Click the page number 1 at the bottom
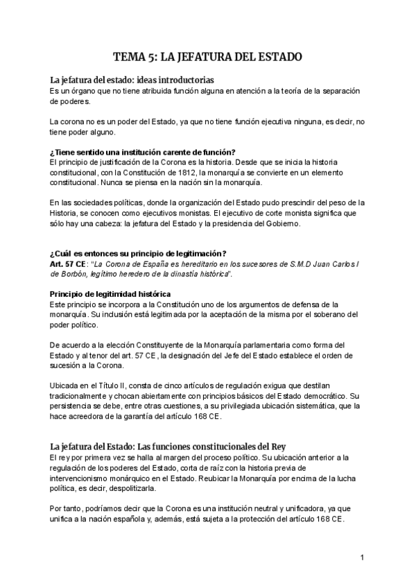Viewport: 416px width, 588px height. click(x=362, y=558)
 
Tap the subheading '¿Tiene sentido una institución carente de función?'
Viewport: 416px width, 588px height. click(x=143, y=152)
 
